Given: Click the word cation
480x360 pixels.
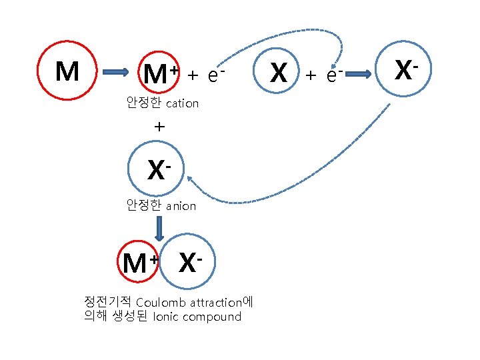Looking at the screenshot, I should tap(182, 103).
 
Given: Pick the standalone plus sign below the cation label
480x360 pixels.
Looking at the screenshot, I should tap(159, 125).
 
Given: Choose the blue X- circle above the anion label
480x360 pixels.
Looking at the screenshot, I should tap(158, 170).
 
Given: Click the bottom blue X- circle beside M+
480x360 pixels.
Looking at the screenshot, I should tap(189, 263).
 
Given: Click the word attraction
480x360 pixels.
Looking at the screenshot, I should tap(215, 302).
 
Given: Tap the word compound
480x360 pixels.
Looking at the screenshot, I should tap(213, 317).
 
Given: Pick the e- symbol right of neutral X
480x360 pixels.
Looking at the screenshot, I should tap(334, 75).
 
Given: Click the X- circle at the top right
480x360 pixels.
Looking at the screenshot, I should tap(403, 70).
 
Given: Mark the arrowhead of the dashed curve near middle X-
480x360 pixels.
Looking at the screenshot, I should tap(189, 177).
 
